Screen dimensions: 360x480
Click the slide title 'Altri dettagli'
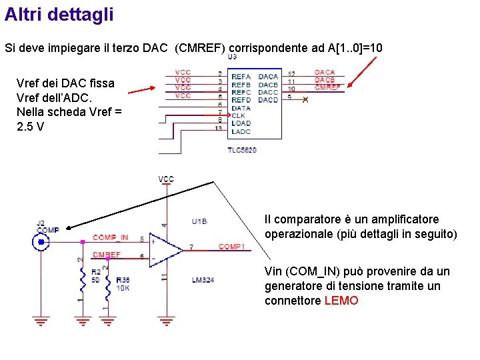[x=59, y=15]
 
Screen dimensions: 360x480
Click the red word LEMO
[x=341, y=301]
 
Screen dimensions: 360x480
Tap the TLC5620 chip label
[x=242, y=150]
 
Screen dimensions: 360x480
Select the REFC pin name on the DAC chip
[x=241, y=92]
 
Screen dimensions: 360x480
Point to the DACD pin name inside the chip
[x=268, y=100]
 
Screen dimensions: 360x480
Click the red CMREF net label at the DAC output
[x=327, y=87]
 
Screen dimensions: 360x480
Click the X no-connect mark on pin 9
[x=305, y=100]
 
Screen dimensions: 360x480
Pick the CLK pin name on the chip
[x=238, y=115]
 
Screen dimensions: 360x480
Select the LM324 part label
[x=203, y=281]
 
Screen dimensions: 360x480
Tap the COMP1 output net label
[x=231, y=247]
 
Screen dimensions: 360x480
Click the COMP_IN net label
[x=110, y=237]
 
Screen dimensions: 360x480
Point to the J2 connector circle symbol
[x=41, y=241]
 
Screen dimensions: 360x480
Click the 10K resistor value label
[x=123, y=289]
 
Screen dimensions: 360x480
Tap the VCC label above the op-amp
[x=166, y=179]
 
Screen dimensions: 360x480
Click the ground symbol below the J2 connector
[x=41, y=322]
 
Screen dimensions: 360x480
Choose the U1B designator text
[x=199, y=221]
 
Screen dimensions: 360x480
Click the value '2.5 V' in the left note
[x=31, y=125]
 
